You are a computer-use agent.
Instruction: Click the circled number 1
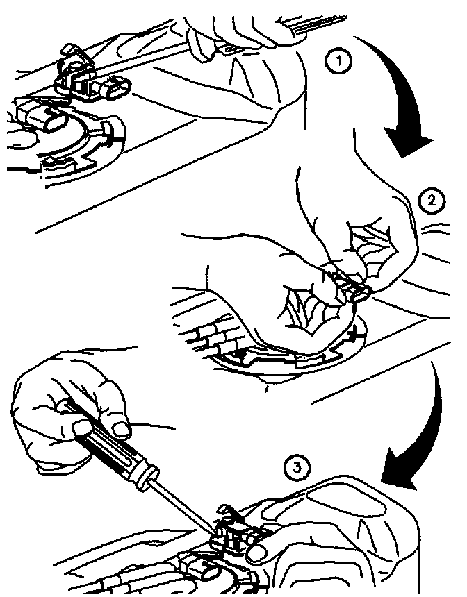coord(338,62)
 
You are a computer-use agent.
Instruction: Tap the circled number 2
coord(431,201)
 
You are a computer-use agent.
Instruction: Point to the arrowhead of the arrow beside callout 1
coord(407,143)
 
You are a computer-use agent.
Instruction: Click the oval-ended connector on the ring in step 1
coord(42,119)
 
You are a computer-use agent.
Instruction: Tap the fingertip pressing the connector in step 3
coord(259,553)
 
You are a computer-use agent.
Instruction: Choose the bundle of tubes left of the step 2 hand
coord(213,332)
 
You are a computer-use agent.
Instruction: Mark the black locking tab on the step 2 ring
coord(354,335)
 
